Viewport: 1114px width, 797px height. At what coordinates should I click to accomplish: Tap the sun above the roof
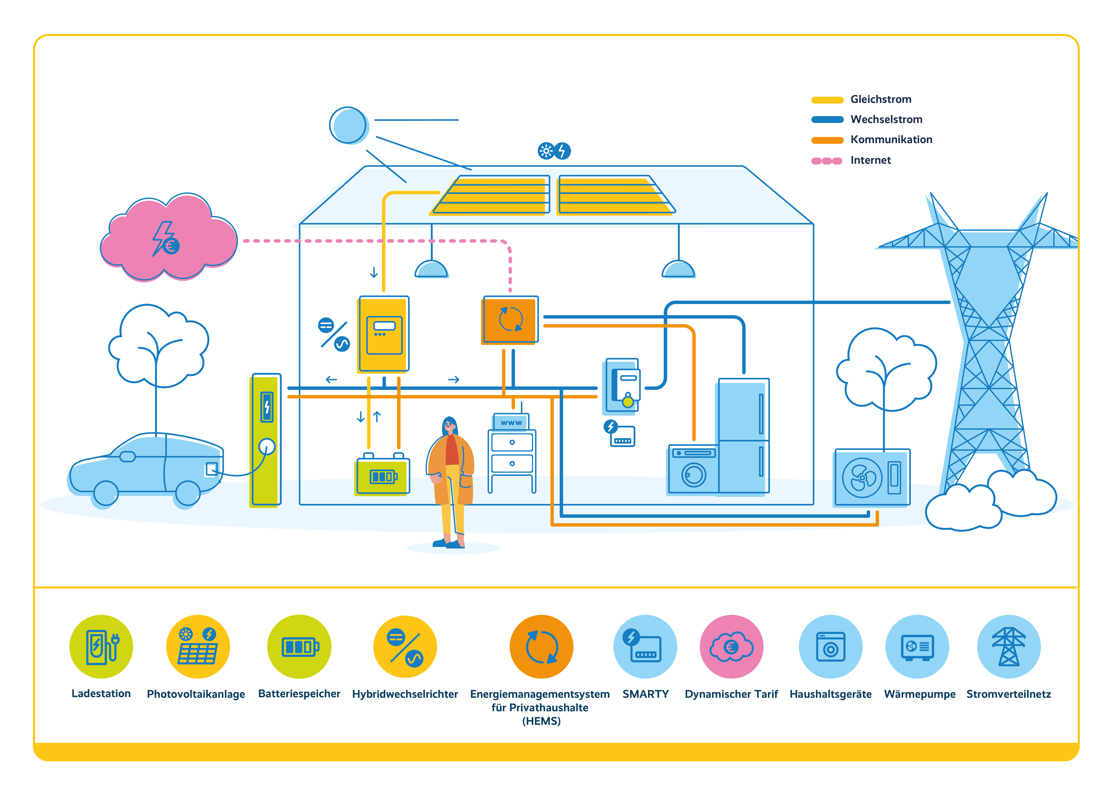tap(348, 125)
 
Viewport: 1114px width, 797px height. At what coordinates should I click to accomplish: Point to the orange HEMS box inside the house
tap(509, 320)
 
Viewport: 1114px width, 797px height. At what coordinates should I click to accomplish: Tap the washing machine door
tap(693, 475)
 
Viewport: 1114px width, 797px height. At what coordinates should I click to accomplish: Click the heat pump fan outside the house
tap(862, 477)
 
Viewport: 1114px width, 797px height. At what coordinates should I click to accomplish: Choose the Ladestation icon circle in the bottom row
tap(101, 646)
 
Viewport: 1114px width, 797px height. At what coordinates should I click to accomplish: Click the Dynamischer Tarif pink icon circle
tap(731, 646)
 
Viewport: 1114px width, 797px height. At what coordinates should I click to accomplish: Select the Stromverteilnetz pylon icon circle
tap(1008, 646)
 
